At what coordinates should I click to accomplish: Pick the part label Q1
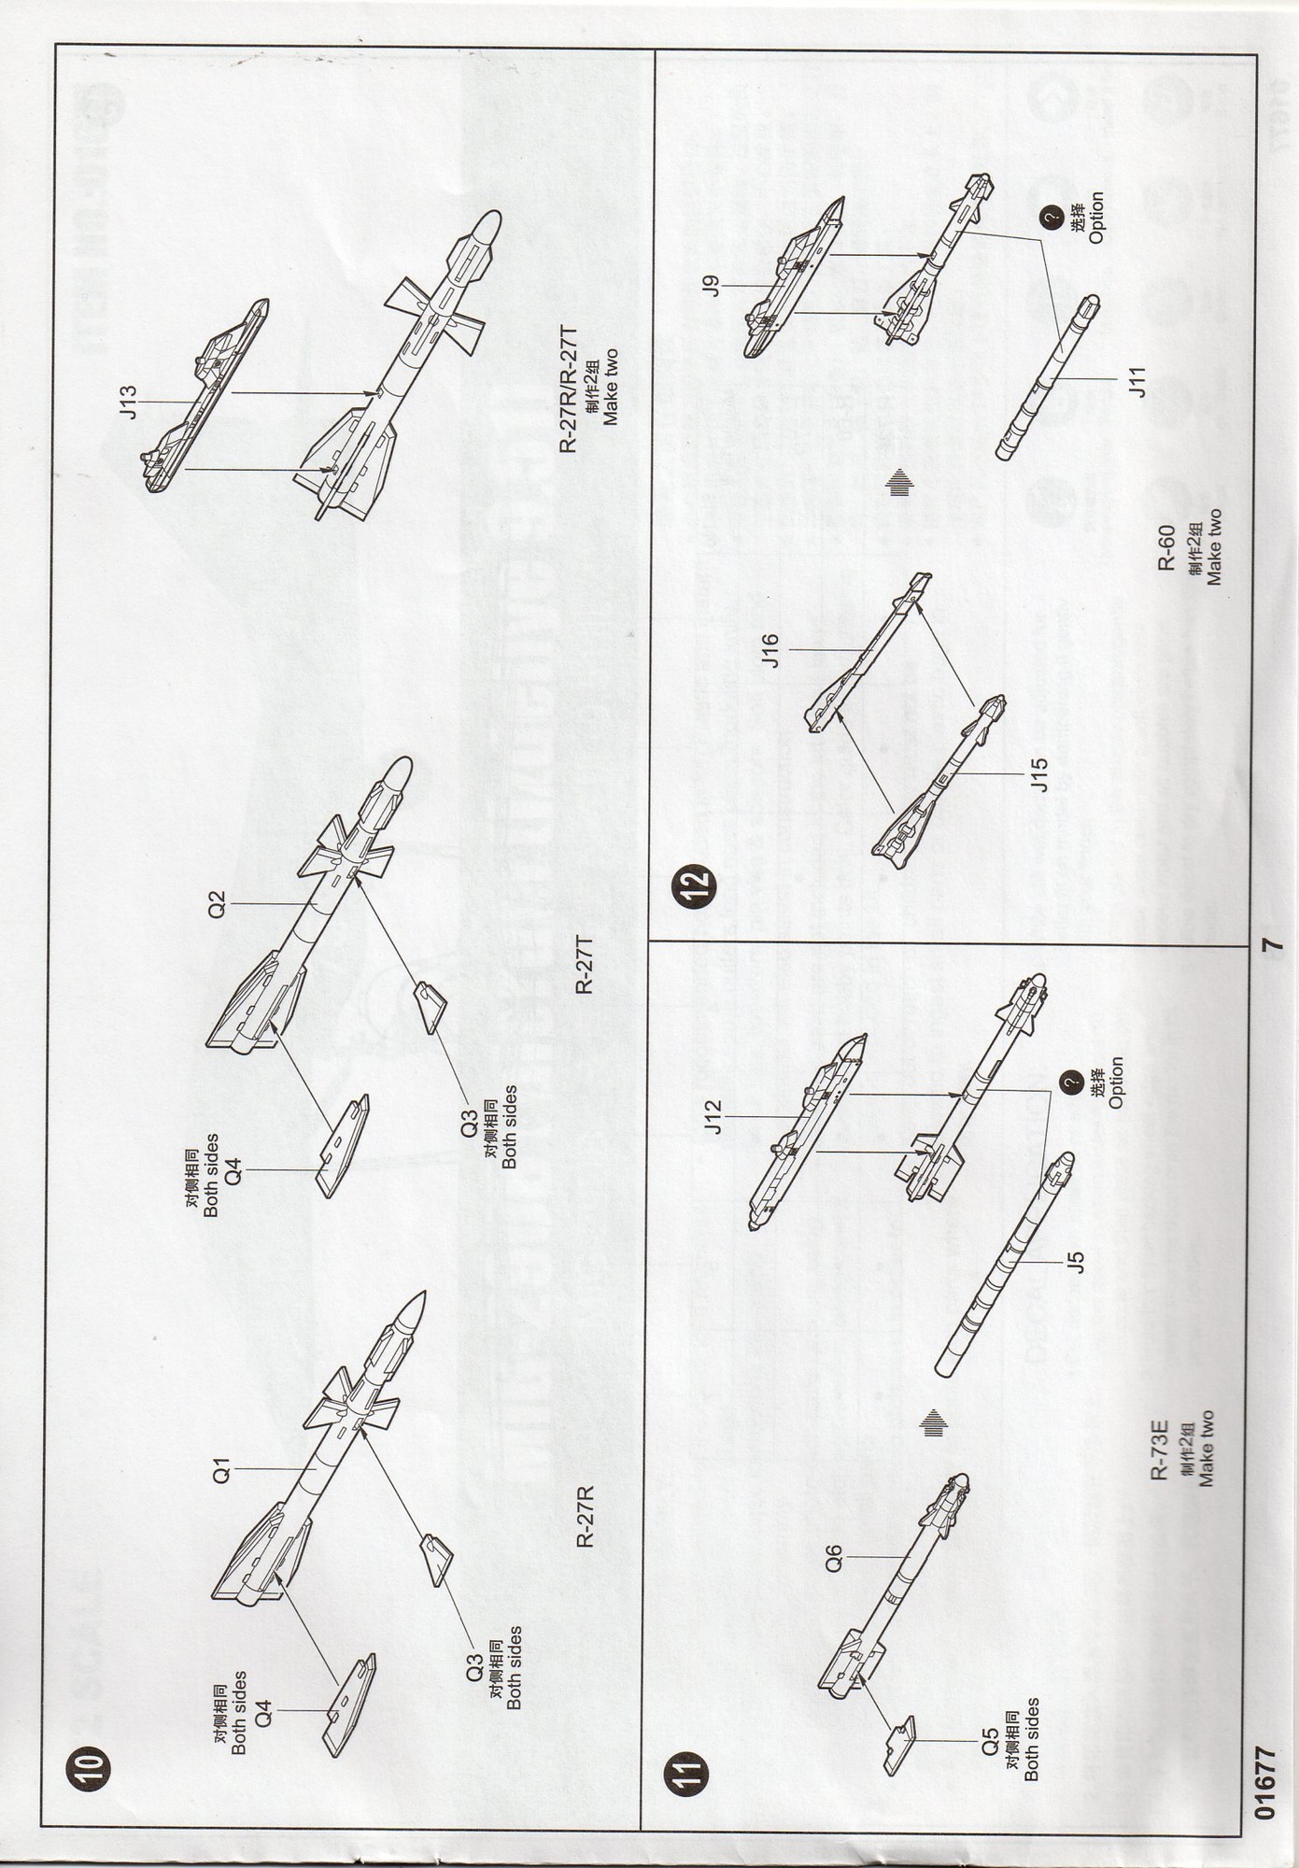point(222,1470)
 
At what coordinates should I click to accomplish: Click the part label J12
point(713,1117)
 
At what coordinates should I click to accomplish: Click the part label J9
point(713,285)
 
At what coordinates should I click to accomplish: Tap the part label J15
point(1040,774)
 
